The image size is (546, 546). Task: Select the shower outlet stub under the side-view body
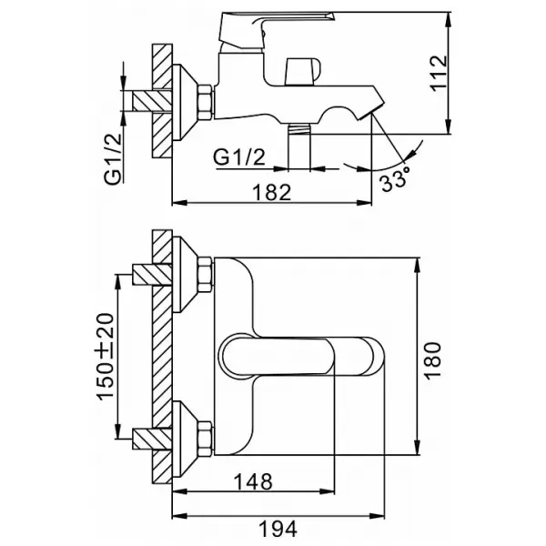click(x=299, y=147)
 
